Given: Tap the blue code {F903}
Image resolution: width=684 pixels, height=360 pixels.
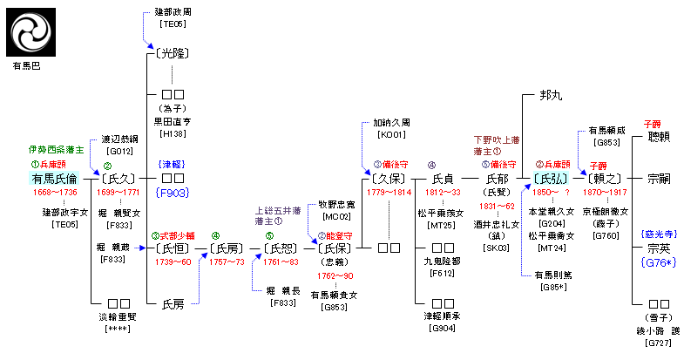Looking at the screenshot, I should [172, 192].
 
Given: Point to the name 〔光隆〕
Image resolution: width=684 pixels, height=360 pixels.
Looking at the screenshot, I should [172, 53].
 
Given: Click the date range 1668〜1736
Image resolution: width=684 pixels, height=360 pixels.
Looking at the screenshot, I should [55, 192].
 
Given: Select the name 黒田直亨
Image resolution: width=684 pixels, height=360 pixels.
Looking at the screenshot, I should [172, 122].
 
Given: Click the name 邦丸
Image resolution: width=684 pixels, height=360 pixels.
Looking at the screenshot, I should [550, 95].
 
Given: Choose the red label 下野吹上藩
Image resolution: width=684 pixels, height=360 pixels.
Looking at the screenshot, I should [497, 139].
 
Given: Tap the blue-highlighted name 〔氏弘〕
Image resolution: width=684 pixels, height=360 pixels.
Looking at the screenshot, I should [550, 178].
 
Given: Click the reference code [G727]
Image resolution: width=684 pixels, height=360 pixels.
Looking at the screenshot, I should [659, 343].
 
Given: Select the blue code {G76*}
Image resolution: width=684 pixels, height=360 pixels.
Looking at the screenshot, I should [659, 262].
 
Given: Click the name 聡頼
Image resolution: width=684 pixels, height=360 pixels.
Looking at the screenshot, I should [659, 137].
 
